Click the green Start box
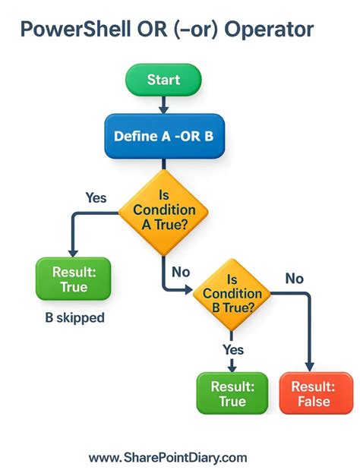pos(163,80)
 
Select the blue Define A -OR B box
pos(163,137)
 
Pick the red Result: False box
pos(311,393)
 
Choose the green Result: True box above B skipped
pos(74,279)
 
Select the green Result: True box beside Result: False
pos(232,393)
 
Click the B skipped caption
pos(74,318)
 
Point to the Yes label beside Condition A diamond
pos(96,198)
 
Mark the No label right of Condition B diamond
pos(294,279)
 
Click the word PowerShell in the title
pos(69,30)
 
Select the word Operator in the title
pos(268,30)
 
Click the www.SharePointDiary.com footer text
pos(168,457)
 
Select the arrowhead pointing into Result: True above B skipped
pos(73,253)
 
